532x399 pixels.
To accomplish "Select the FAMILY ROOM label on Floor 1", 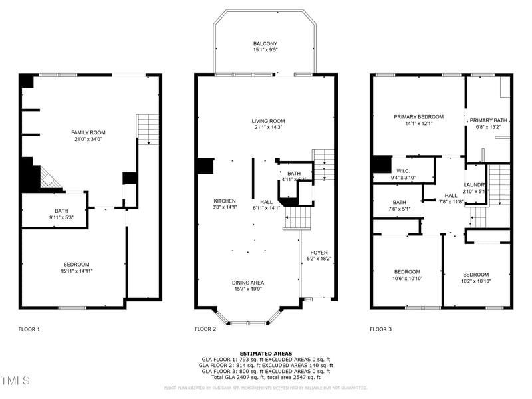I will pos(88,132).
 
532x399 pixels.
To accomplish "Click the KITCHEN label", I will pos(224,201).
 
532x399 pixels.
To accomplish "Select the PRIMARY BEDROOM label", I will pos(418,117).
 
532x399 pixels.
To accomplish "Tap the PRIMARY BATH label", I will pos(489,120).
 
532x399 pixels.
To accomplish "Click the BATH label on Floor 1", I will pos(61,211).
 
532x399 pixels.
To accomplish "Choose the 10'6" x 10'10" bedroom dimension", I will pos(407,279).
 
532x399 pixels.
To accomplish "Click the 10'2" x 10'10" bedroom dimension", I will pos(475,281).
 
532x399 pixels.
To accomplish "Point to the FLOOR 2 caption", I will pos(205,329).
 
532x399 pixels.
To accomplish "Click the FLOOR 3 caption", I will pos(381,329).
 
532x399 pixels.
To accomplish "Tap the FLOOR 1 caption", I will pos(29,329).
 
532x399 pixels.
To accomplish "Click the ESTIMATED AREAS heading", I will pos(266,354).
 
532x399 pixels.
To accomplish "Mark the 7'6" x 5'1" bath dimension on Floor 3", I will pos(399,209).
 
